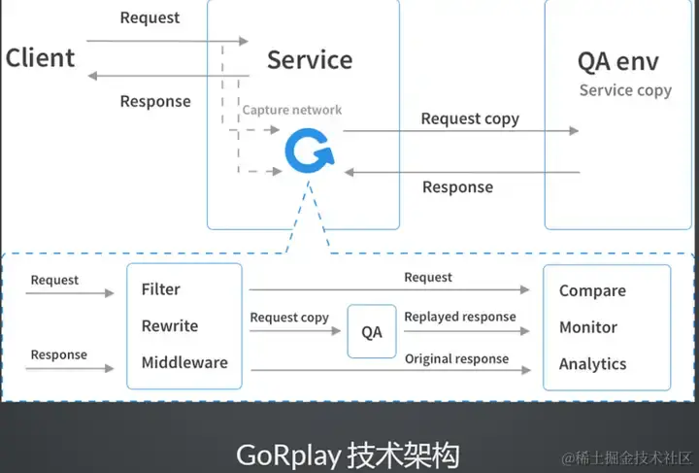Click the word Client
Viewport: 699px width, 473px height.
point(40,58)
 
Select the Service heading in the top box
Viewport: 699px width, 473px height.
point(310,59)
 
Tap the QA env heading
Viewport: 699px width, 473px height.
point(617,62)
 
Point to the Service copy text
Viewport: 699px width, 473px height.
point(625,90)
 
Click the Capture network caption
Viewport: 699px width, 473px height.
point(292,111)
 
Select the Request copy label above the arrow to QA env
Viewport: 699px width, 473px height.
point(470,118)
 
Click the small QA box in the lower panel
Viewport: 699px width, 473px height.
point(372,332)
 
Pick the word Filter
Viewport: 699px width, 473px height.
point(160,289)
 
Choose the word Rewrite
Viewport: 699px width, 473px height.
point(169,326)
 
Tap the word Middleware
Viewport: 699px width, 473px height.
point(184,363)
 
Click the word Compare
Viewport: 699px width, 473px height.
point(592,291)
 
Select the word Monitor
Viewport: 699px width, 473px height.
point(588,328)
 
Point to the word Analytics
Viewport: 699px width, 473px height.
point(592,364)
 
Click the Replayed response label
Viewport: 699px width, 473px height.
point(460,317)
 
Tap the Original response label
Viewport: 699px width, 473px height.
point(456,359)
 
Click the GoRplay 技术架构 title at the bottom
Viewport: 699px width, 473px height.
point(348,455)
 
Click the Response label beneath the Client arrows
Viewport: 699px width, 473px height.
point(155,101)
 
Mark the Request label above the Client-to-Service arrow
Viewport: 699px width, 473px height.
point(150,17)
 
